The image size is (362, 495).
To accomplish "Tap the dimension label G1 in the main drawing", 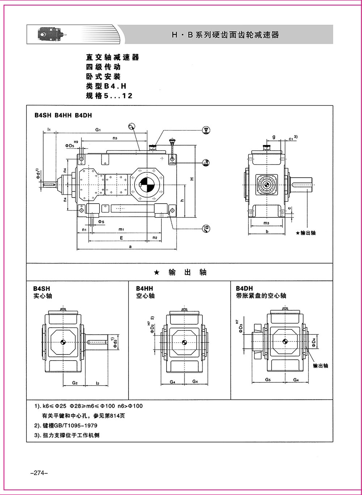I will coord(98,130).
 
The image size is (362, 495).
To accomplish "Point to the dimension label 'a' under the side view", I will coord(130,246).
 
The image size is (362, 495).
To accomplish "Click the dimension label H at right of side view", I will coord(192,178).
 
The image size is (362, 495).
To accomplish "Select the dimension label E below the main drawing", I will coord(121,238).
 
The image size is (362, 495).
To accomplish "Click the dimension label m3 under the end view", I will coord(266,222).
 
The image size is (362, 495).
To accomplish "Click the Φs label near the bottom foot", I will coord(101,221).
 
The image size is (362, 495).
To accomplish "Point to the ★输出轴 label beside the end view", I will coord(306,233).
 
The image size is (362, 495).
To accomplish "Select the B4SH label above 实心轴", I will coord(42,288).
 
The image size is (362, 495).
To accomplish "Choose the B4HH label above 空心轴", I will coord(144,288).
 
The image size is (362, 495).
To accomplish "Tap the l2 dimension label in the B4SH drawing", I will coord(97,382).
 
